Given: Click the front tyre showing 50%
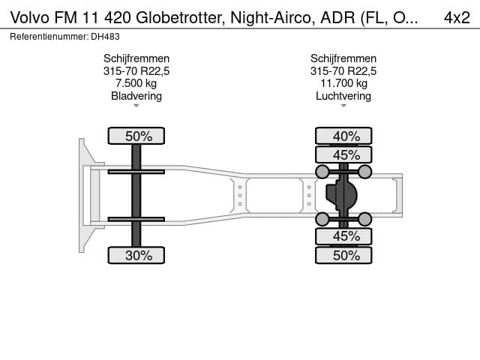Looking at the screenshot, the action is pyautogui.click(x=136, y=136).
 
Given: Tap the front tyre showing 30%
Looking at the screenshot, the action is pyautogui.click(x=136, y=255).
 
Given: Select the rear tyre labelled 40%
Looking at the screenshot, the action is pyautogui.click(x=343, y=136).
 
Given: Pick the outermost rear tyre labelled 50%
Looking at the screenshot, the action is pyautogui.click(x=343, y=255).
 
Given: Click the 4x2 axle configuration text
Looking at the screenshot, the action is pyautogui.click(x=457, y=17).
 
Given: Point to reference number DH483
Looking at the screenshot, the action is pyautogui.click(x=105, y=37).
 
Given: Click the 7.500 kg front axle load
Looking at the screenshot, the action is pyautogui.click(x=136, y=83).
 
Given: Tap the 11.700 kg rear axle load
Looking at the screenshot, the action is pyautogui.click(x=343, y=83).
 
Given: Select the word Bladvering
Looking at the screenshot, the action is pyautogui.click(x=136, y=96).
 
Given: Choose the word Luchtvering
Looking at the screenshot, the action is pyautogui.click(x=343, y=96).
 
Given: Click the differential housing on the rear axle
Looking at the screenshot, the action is pyautogui.click(x=341, y=195).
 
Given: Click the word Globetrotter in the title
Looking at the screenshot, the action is pyautogui.click(x=178, y=18).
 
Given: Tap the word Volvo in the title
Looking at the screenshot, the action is pyautogui.click(x=30, y=18).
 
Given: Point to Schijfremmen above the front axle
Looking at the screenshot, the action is pyautogui.click(x=136, y=58).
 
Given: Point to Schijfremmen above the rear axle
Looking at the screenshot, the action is pyautogui.click(x=343, y=58).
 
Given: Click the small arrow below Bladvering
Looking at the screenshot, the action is pyautogui.click(x=136, y=106).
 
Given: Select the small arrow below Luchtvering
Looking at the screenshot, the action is pyautogui.click(x=343, y=106).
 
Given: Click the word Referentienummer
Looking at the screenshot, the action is pyautogui.click(x=49, y=37).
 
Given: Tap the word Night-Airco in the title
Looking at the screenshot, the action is pyautogui.click(x=271, y=18).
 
